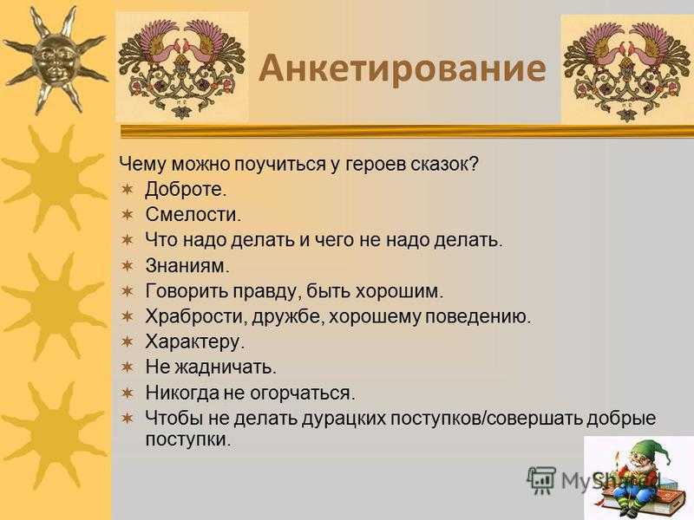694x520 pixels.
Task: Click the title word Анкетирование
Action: point(402,68)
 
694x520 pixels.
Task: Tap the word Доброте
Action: point(186,190)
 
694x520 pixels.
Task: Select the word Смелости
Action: point(193,215)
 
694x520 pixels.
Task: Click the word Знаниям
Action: point(187,266)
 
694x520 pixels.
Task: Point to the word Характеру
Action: point(194,342)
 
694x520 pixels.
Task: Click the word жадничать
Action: point(226,367)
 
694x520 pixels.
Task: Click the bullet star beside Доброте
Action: point(128,189)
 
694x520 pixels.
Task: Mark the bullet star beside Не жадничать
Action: point(128,367)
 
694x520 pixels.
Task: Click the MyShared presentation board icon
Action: point(541,479)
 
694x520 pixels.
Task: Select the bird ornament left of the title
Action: point(182,68)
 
